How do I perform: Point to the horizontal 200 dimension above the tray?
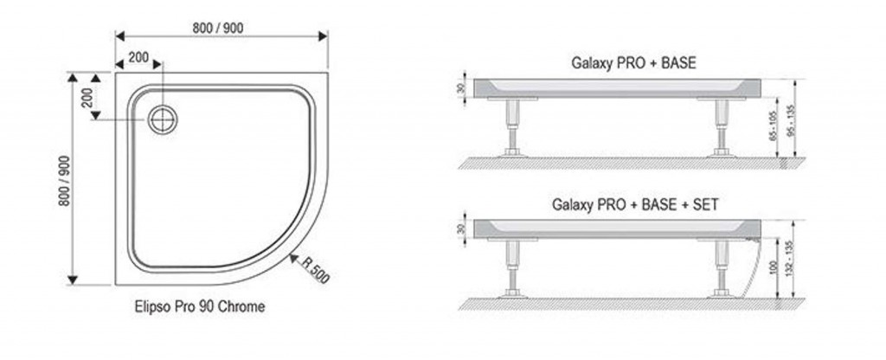(x=138, y=58)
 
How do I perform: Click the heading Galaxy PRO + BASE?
(x=633, y=63)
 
